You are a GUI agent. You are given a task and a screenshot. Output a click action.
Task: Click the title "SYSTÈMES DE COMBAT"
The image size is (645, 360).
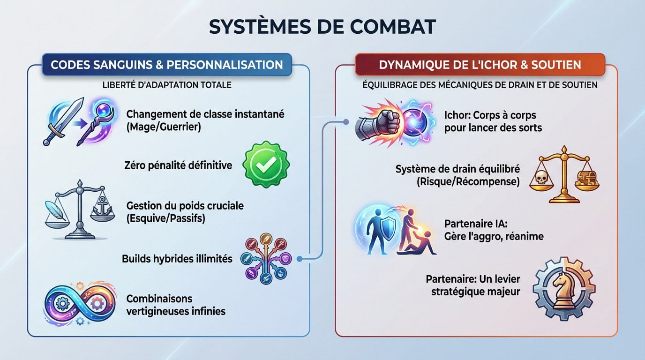coord(322,27)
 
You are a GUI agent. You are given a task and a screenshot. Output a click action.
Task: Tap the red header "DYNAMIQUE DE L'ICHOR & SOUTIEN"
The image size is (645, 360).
coord(480,65)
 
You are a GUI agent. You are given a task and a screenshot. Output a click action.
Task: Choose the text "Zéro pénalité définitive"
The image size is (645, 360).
coord(178,165)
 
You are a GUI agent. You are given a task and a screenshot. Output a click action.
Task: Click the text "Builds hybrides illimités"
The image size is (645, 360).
coord(177,258)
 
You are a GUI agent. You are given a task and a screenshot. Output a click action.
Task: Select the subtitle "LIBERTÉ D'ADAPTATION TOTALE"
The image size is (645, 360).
coord(166,86)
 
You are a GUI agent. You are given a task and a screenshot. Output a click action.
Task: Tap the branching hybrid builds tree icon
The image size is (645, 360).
coord(266,258)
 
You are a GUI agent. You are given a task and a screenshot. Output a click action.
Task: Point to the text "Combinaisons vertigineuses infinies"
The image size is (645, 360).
coord(176,304)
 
